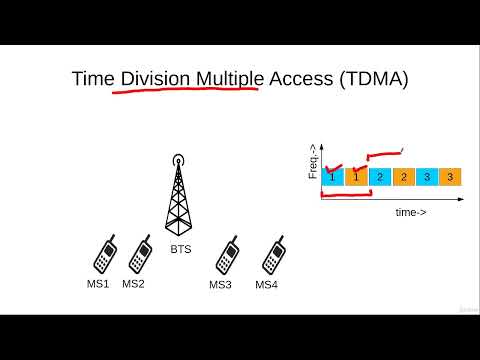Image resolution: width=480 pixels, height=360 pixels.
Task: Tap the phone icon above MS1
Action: pos(104,256)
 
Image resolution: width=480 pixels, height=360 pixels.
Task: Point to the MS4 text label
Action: pos(267,285)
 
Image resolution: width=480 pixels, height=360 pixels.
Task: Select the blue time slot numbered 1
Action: pos(330,177)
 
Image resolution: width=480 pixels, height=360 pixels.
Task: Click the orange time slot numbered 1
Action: pos(354,177)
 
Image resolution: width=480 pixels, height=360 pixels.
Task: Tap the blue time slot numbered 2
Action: pos(379,177)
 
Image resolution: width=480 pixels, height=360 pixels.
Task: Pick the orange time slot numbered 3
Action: pos(451,177)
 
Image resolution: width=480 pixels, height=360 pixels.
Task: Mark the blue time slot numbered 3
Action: pos(427,177)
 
